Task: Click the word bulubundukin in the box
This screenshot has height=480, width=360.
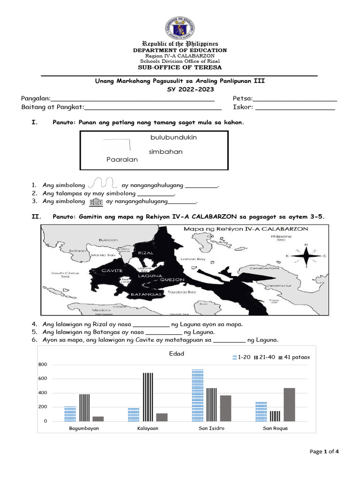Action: pos(173,137)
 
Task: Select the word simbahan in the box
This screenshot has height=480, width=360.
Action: pos(165,152)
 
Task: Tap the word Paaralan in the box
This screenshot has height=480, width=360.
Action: pos(122,159)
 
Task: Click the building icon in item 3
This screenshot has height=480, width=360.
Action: pos(95,202)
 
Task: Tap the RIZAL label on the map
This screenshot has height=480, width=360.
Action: pos(146,253)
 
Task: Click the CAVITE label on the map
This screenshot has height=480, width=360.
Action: pos(112,270)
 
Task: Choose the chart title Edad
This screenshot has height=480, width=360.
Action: pos(176,353)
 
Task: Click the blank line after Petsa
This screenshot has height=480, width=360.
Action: pos(295,99)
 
